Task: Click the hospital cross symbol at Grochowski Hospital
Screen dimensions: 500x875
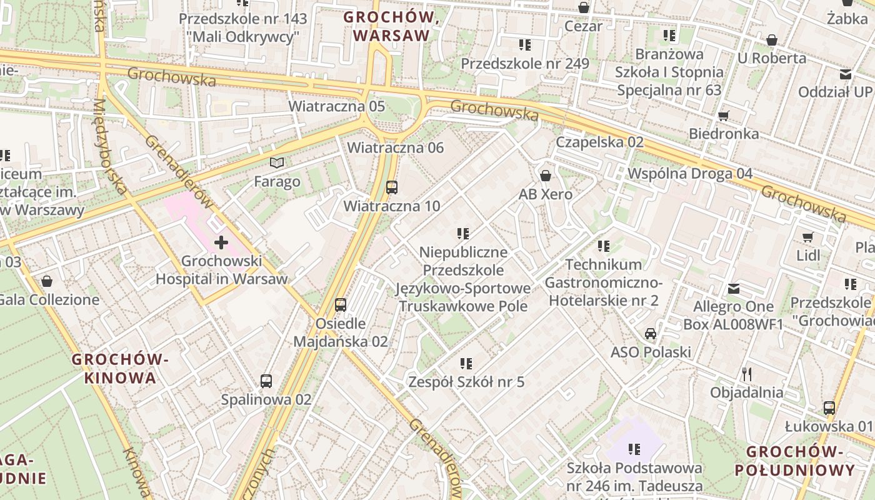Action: (x=221, y=242)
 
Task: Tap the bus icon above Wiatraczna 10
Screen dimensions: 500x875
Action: (x=392, y=187)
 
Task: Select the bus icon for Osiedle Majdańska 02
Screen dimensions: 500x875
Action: (x=341, y=305)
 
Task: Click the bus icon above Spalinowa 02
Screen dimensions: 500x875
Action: (x=266, y=381)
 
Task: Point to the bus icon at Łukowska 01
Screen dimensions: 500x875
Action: (x=829, y=408)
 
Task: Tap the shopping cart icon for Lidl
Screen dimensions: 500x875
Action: (x=808, y=237)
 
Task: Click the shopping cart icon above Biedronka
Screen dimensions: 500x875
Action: (x=724, y=115)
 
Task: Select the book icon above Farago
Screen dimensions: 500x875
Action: (x=277, y=163)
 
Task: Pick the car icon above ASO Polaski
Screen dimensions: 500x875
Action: (x=651, y=333)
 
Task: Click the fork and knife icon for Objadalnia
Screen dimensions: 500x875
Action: (x=747, y=374)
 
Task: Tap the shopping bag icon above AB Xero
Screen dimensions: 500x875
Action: (x=546, y=176)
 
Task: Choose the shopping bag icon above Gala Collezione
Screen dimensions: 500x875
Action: (x=47, y=281)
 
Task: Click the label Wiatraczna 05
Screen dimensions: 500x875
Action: (x=336, y=106)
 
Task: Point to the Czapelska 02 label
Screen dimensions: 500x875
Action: (x=599, y=142)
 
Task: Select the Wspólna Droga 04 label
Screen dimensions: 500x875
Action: (x=690, y=173)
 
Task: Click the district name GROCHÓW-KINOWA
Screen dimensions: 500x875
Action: (x=120, y=369)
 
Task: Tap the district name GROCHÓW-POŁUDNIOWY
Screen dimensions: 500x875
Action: (x=794, y=461)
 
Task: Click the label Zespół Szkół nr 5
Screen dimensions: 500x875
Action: (x=466, y=382)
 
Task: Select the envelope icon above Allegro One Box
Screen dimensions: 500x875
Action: (x=734, y=289)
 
